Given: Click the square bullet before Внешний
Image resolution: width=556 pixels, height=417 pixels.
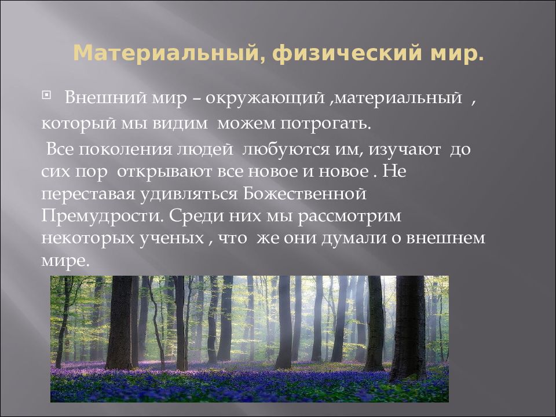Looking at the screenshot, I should tap(47, 94).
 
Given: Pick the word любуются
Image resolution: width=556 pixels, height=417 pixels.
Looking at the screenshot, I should tap(280, 149).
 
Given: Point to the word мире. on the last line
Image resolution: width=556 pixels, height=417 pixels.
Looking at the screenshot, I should tap(65, 261).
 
